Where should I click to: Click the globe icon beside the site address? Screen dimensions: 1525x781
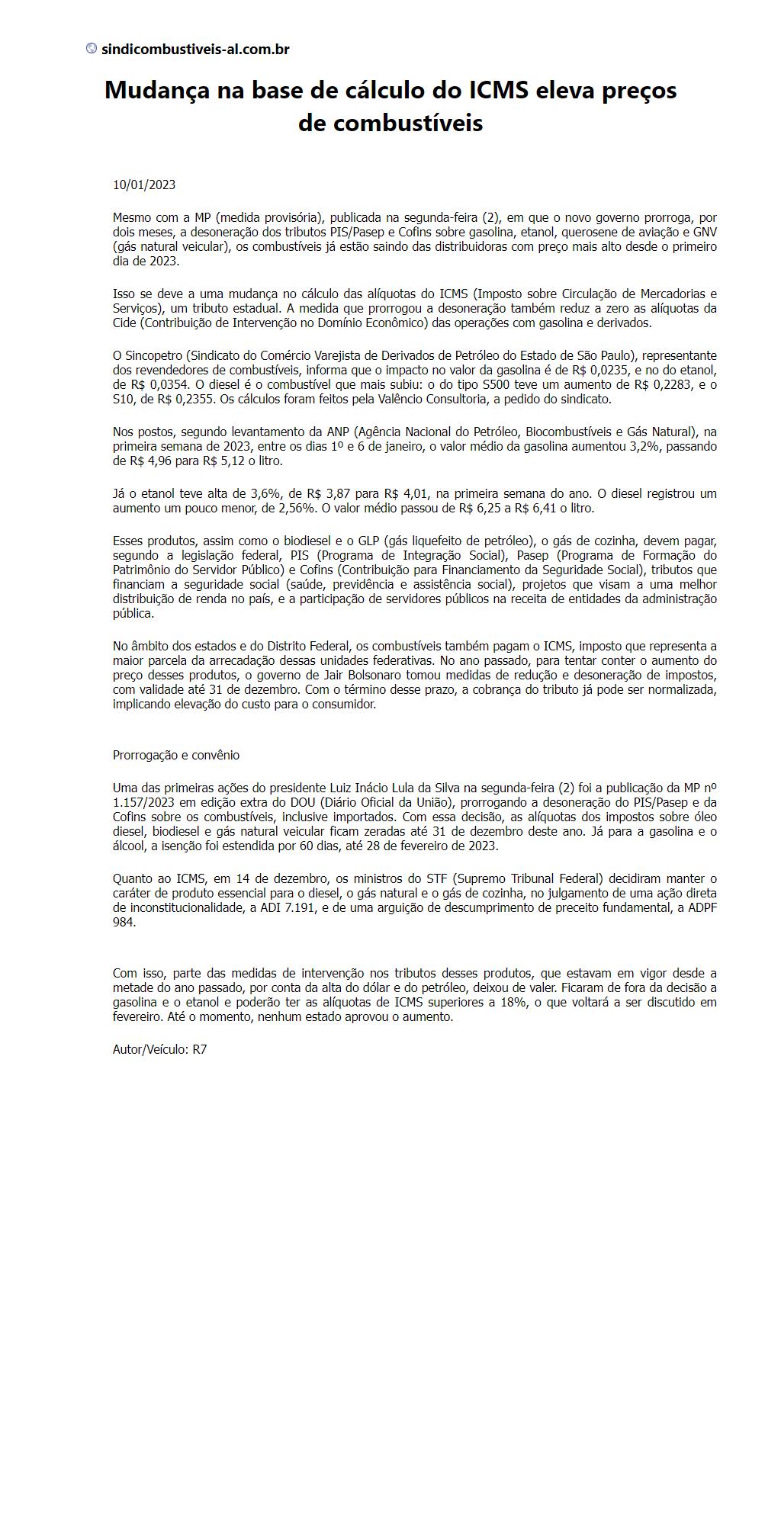tap(92, 49)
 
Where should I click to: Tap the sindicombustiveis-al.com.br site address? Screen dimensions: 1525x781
tap(195, 50)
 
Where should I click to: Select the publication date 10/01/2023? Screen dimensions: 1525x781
tap(144, 185)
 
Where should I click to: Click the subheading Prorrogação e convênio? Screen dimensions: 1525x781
tap(176, 755)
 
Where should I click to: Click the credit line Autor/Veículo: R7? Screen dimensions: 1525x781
tap(160, 1049)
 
